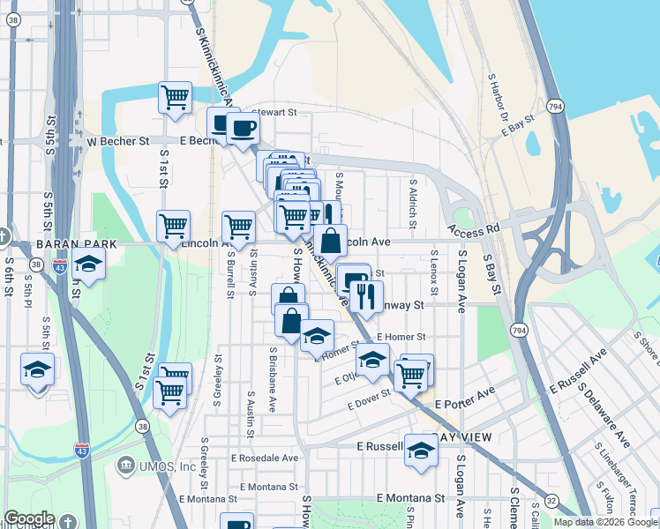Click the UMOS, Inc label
pos(162,466)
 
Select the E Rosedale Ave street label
pos(265,458)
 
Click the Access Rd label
pos(473,227)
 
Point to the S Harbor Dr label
pos(499,97)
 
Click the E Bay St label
pos(519,124)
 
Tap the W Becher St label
pos(116,141)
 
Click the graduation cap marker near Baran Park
pos(88,264)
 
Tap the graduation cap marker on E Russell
pos(422,451)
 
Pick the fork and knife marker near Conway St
pos(367,297)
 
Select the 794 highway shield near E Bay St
pos(554,107)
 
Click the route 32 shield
pos(551,500)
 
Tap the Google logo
pos(29,518)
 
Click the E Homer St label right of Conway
pos(401,337)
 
